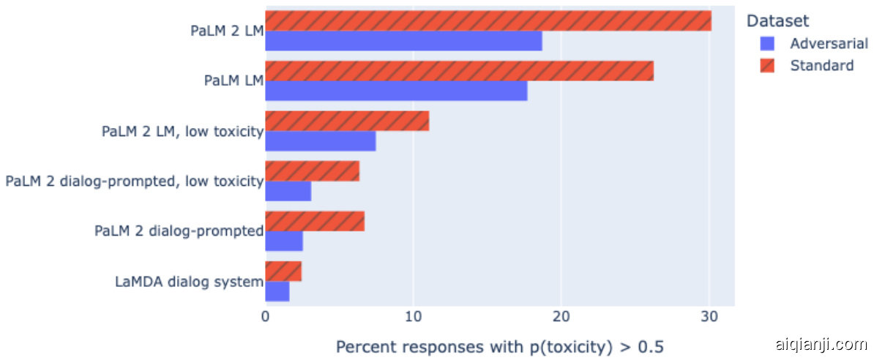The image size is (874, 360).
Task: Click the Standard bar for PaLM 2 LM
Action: point(488,20)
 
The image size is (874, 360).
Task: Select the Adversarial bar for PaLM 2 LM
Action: point(403,41)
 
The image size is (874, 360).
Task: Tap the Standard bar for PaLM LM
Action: point(459,71)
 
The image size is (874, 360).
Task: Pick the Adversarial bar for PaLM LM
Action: point(396,91)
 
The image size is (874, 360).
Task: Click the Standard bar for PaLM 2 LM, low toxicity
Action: point(347,121)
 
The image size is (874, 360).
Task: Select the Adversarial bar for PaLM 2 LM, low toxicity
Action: point(321,140)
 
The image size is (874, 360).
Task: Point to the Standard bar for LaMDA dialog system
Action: point(283,271)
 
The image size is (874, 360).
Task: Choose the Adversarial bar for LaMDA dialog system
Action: point(277,291)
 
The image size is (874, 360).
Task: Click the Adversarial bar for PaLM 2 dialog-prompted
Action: point(284,241)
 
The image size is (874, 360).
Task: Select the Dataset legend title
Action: point(777,22)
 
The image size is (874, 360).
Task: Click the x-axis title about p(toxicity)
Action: point(500,345)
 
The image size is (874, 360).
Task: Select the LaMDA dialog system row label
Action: point(189,281)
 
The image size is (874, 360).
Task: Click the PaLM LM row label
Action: point(234,80)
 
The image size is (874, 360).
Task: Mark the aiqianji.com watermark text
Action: point(820,345)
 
